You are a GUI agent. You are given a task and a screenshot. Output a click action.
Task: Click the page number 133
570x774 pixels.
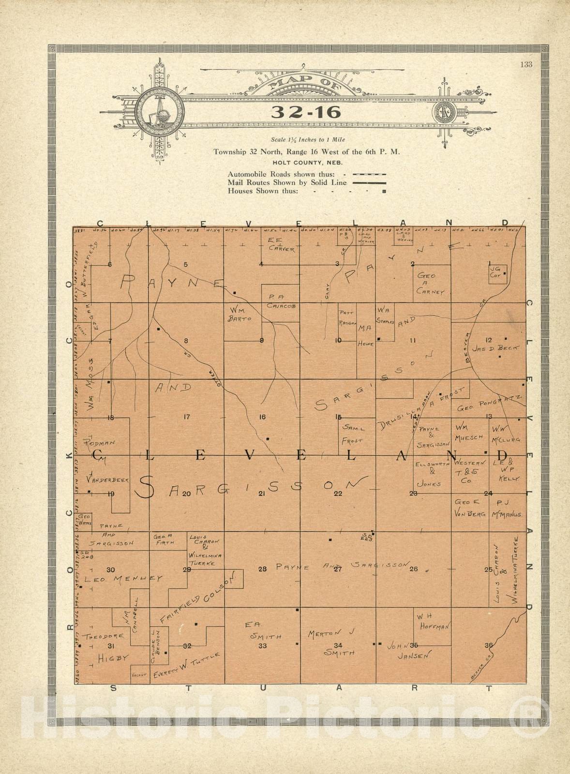pyautogui.click(x=526, y=65)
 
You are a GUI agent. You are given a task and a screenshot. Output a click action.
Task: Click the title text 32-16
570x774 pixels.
pyautogui.click(x=306, y=112)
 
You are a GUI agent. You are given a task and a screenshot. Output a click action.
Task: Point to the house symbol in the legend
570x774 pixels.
pyautogui.click(x=384, y=192)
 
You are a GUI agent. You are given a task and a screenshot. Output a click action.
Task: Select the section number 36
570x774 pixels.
pyautogui.click(x=488, y=645)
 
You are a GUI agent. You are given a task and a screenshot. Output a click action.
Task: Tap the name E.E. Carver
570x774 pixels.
pyautogui.click(x=281, y=245)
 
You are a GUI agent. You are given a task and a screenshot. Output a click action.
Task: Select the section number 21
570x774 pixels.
pyautogui.click(x=262, y=493)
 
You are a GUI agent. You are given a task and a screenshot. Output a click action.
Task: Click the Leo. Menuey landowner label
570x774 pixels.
pyautogui.click(x=123, y=578)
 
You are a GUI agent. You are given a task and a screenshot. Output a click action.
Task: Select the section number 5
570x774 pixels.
pyautogui.click(x=185, y=264)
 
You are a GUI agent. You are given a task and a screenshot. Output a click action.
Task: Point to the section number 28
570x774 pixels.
pyautogui.click(x=262, y=569)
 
